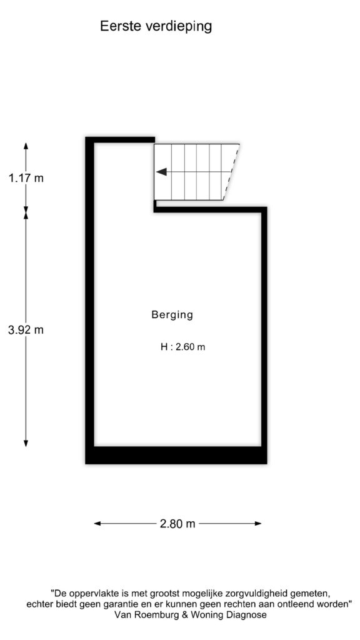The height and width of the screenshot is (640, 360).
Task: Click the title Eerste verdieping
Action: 156,26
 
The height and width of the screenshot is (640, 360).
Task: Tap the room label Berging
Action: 172,315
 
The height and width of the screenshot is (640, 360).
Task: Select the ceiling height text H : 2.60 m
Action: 183,347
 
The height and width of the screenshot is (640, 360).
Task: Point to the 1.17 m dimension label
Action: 26,178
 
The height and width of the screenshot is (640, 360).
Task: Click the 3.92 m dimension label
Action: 26,330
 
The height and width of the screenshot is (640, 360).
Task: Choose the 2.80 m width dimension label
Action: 177,524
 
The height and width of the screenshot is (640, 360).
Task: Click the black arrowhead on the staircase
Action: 162,172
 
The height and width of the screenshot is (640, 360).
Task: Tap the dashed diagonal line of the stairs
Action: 231,172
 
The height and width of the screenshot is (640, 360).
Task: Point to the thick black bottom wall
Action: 176,455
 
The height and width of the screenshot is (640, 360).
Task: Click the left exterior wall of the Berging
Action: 90,301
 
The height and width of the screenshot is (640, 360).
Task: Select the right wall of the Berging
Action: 264,326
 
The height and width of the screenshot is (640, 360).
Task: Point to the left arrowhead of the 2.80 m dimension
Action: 97,524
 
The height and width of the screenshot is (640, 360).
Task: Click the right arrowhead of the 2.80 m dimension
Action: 258,524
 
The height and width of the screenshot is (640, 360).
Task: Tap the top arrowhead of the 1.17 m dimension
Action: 26,146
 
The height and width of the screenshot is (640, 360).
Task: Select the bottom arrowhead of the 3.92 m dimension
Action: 26,443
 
